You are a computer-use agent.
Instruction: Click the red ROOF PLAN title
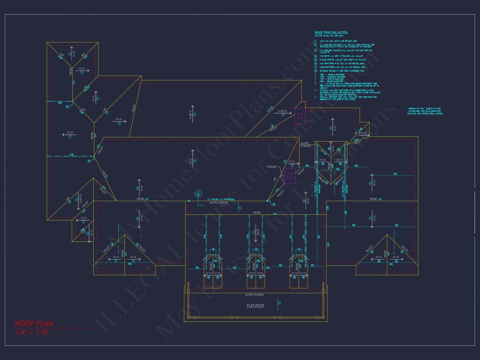pos(34,324)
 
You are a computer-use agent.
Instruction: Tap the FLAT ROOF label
pos(255,306)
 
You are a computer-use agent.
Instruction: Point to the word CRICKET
pos(272,167)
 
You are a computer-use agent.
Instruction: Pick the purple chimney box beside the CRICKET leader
pos(289,176)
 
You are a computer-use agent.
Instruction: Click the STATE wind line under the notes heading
pos(330,36)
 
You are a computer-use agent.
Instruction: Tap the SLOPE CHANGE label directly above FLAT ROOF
pos(254,295)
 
